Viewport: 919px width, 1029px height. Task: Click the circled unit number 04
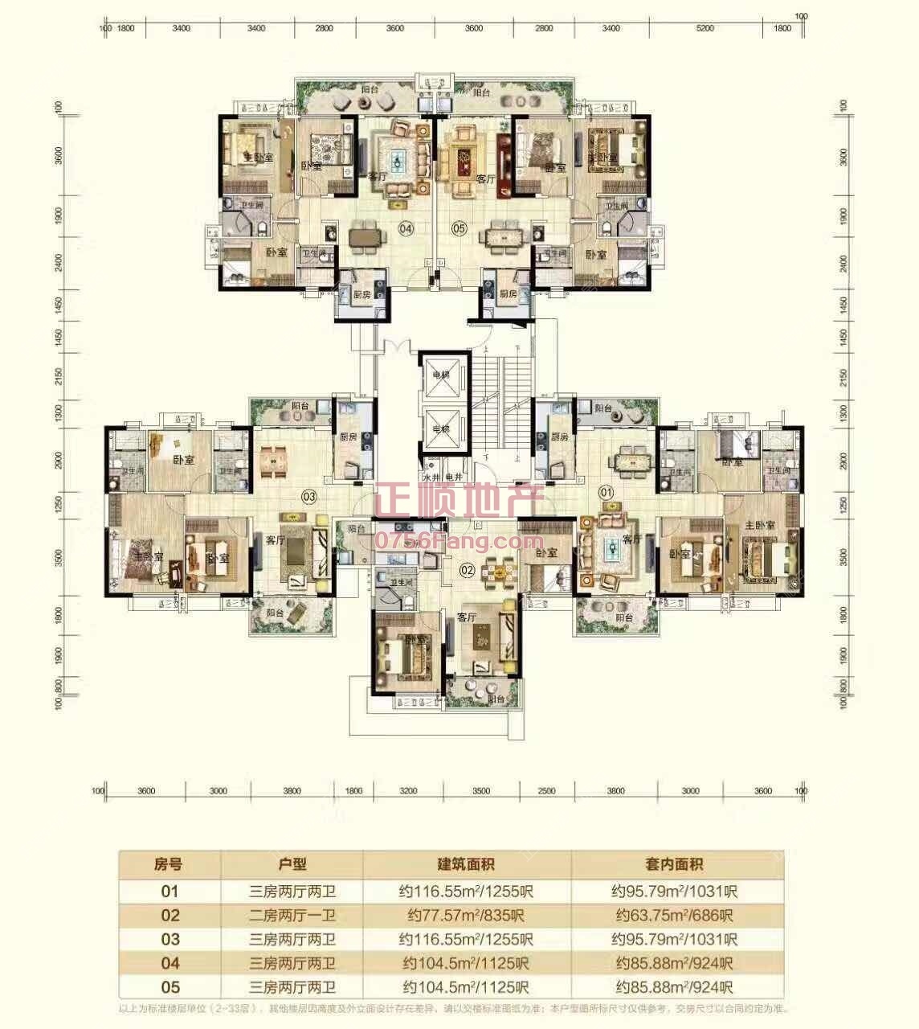pos(405,229)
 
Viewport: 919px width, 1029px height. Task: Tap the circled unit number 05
pos(459,229)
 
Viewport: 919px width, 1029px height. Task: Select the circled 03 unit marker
pos(309,496)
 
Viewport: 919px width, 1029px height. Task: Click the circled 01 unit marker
pos(607,490)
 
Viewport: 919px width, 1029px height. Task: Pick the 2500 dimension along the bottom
pos(546,791)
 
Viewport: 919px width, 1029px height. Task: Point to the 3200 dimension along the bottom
pos(408,791)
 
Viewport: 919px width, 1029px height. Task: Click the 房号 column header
pos(168,864)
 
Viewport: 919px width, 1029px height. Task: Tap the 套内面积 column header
pos(675,864)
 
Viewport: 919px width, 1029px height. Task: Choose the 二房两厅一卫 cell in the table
pos(292,915)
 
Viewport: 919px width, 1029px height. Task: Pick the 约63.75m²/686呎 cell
pos(675,915)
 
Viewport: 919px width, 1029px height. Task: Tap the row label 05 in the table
pos(170,987)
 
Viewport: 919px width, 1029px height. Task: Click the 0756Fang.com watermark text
pos(459,541)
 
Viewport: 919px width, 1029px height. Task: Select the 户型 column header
pos(292,864)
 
